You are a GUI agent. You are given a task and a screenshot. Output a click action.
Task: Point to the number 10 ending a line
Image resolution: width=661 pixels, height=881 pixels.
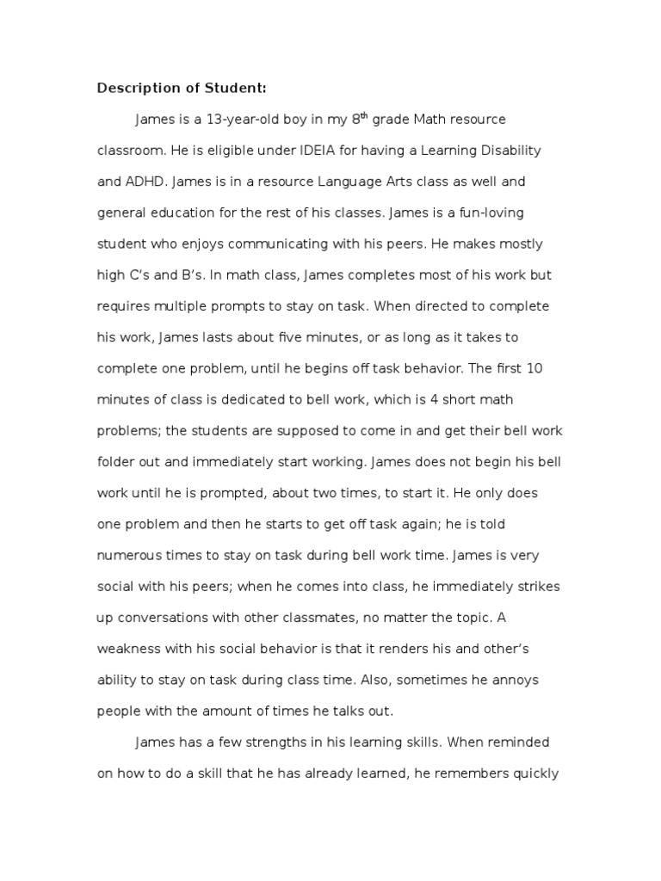pos(533,369)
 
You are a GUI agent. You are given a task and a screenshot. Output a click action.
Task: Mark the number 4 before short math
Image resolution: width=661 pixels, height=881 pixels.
pos(436,400)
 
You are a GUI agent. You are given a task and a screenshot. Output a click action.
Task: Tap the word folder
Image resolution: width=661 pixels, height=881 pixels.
pos(117,462)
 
